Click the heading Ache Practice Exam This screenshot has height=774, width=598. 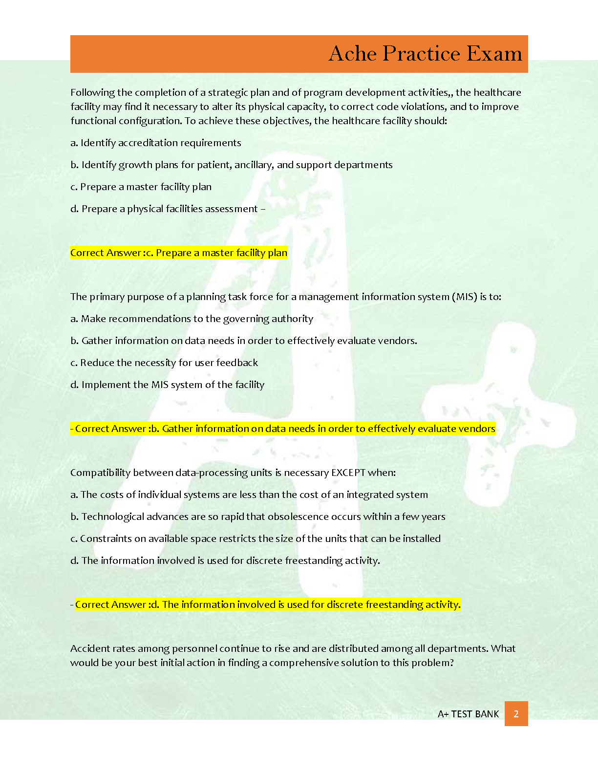425,54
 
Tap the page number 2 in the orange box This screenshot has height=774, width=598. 516,714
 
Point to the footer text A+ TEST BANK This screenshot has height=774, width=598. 468,714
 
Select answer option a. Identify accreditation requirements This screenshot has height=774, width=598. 156,143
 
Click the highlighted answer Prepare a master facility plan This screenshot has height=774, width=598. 179,253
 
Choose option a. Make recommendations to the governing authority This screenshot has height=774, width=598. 192,319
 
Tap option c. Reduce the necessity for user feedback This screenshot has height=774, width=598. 164,363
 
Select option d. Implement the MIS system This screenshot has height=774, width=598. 167,385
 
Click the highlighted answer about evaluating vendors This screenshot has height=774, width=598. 283,429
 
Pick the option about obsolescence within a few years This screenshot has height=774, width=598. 258,516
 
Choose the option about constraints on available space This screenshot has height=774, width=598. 256,538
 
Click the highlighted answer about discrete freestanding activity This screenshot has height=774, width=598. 267,604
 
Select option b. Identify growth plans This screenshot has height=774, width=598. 232,165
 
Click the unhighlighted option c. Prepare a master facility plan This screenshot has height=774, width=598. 141,187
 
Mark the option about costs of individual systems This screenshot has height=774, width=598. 249,494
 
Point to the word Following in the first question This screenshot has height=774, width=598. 92,92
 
